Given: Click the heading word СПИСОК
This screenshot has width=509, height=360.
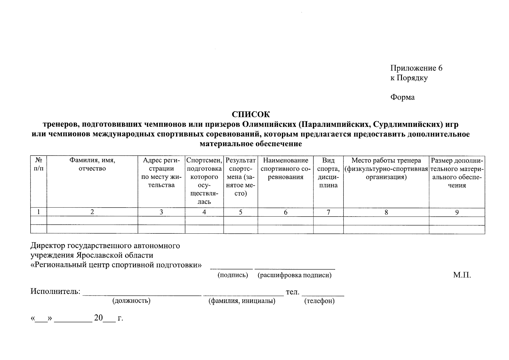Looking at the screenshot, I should pyautogui.click(x=251, y=115).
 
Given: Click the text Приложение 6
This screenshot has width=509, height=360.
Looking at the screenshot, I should pyautogui.click(x=416, y=68).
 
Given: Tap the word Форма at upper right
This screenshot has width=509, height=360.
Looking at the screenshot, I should pyautogui.click(x=402, y=97).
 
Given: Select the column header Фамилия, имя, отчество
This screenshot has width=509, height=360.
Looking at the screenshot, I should pyautogui.click(x=92, y=165).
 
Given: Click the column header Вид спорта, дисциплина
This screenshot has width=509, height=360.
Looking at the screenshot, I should pyautogui.click(x=328, y=173).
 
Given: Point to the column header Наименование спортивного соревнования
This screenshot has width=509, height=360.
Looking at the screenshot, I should pyautogui.click(x=285, y=169).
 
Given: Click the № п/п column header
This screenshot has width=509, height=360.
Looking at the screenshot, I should pyautogui.click(x=38, y=165).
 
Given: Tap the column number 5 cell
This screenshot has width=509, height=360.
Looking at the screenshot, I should pyautogui.click(x=241, y=212).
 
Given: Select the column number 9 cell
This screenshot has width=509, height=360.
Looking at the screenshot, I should pyautogui.click(x=457, y=212).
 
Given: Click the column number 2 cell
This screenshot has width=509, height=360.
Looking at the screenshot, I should pyautogui.click(x=92, y=212).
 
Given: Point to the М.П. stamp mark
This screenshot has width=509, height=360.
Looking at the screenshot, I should pyautogui.click(x=462, y=275).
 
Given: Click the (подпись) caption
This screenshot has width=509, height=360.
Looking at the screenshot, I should pyautogui.click(x=233, y=275).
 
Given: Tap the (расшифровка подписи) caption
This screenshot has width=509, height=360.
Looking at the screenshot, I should pyautogui.click(x=294, y=275).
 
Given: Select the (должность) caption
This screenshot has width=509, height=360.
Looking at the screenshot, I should pyautogui.click(x=131, y=301).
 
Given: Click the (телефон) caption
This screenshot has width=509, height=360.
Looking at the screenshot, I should pyautogui.click(x=319, y=301).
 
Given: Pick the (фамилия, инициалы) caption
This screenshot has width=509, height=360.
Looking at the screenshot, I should pyautogui.click(x=242, y=301).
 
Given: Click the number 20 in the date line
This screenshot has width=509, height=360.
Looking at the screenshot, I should pyautogui.click(x=98, y=318).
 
